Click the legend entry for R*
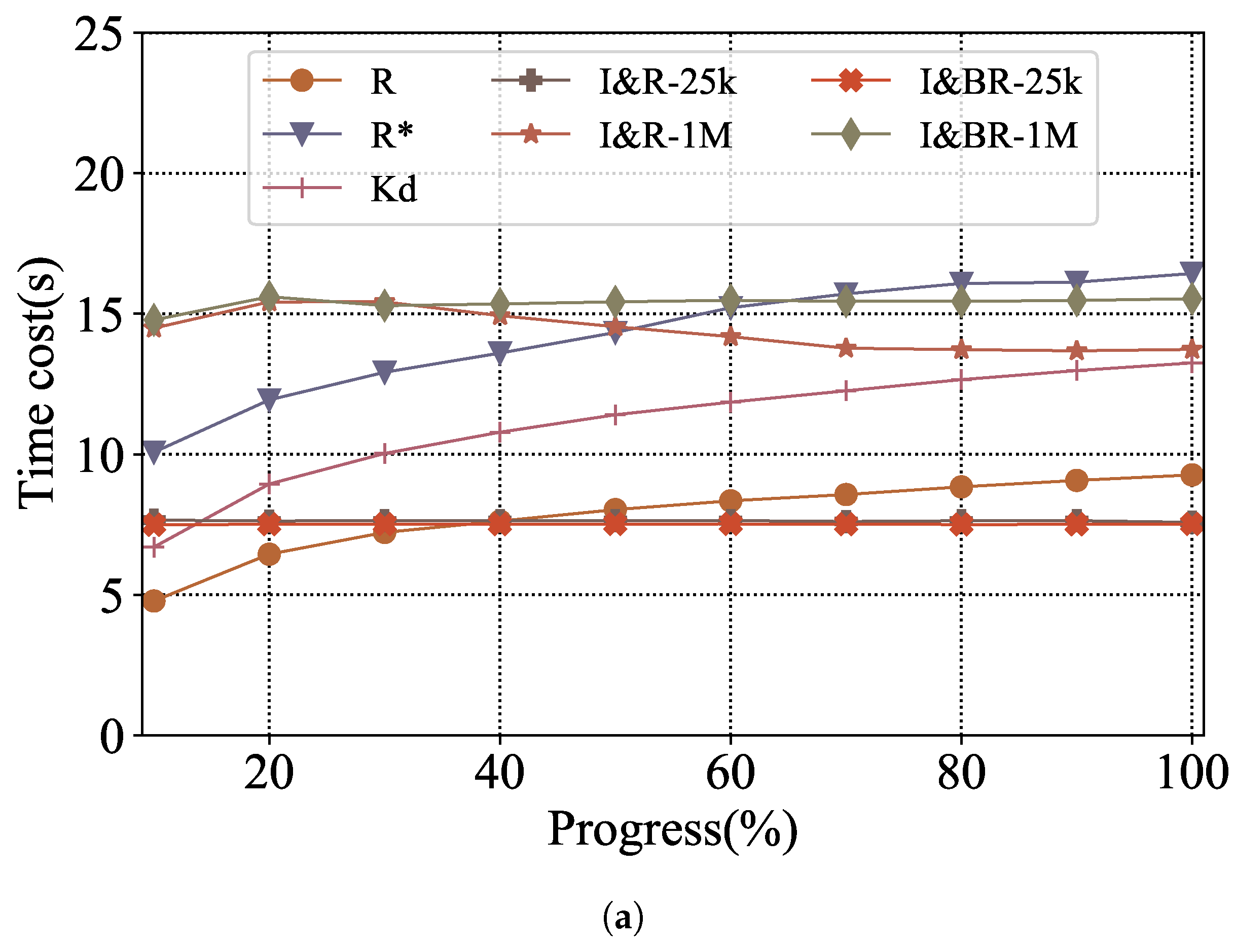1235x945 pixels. pos(391,135)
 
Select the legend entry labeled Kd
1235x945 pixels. pos(394,190)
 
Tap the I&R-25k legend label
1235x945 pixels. pos(667,82)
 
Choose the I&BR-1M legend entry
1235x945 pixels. pos(998,135)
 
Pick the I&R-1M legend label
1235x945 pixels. pos(665,135)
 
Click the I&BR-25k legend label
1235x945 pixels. pos(1000,82)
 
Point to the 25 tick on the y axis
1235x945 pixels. pos(99,35)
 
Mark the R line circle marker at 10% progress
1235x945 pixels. pos(154,601)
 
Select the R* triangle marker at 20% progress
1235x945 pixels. pos(269,399)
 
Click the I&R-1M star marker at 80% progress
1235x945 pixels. pos(961,349)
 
